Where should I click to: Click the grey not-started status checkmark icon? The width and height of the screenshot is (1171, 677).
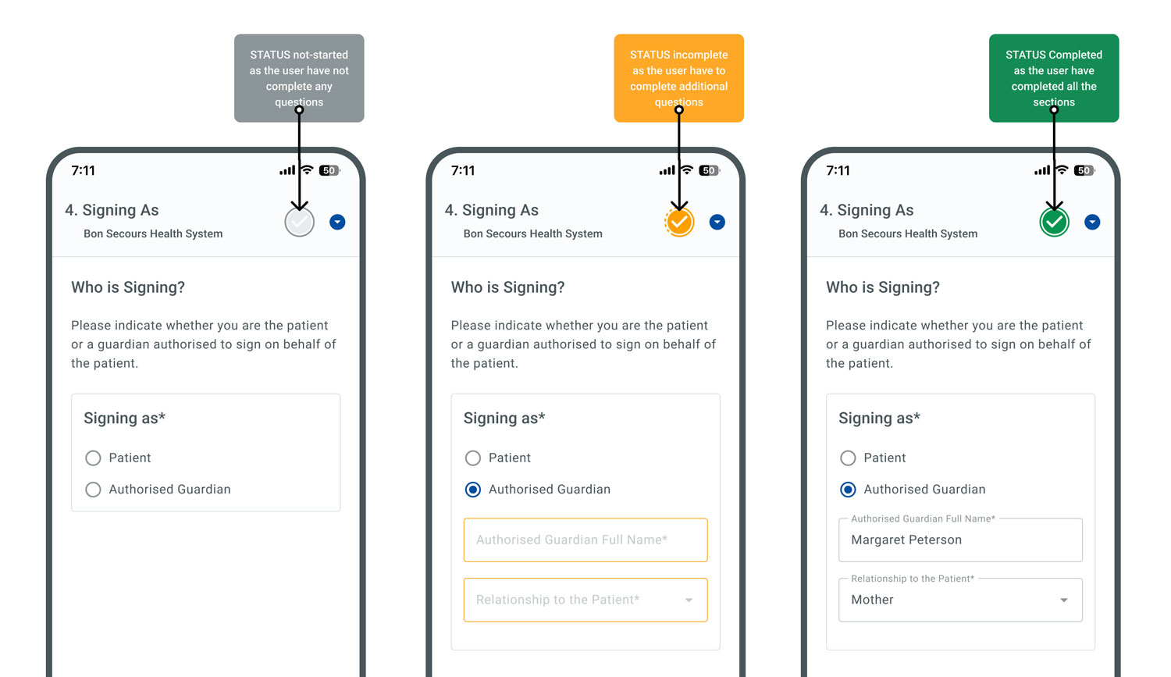point(300,223)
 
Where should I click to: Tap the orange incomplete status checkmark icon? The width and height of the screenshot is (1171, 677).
point(679,223)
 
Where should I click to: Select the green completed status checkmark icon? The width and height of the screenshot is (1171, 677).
point(1055,223)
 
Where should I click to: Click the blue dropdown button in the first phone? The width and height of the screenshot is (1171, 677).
point(337,223)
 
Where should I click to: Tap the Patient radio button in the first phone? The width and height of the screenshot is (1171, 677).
point(93,458)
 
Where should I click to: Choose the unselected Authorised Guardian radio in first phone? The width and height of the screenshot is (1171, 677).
point(93,490)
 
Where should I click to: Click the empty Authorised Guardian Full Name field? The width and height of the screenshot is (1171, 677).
point(585,540)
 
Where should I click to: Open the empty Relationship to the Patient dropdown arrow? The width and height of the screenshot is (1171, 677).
point(689,600)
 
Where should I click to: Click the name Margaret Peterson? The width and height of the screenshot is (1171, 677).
point(906,540)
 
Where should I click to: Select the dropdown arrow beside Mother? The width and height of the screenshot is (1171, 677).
point(1064,600)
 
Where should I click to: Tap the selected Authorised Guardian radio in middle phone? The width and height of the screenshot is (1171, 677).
point(473,490)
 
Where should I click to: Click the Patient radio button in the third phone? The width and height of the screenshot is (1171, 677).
point(848,458)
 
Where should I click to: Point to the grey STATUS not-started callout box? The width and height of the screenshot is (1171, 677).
point(299,78)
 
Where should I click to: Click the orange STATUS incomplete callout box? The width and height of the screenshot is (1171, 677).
point(679,78)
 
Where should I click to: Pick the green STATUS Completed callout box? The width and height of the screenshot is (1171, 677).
point(1054,78)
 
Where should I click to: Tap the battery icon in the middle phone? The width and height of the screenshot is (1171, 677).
point(710,170)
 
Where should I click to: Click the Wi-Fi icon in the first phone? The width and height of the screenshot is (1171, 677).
point(308,170)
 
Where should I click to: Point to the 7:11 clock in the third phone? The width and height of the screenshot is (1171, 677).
point(838,170)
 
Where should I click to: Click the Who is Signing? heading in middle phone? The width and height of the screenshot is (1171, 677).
point(507,287)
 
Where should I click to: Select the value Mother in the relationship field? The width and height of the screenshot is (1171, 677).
point(872,600)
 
